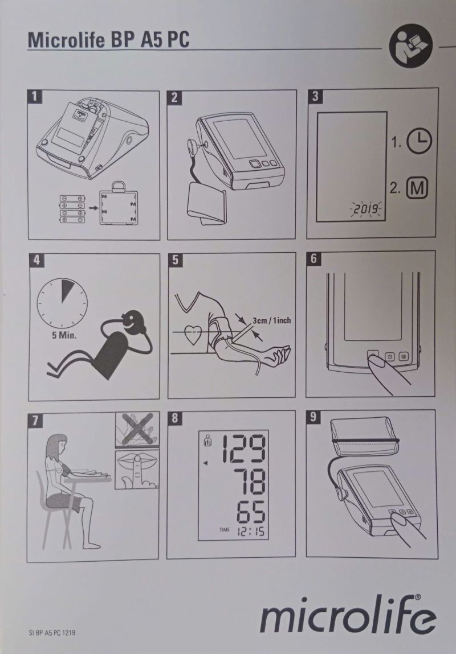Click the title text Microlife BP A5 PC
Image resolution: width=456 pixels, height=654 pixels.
point(108,40)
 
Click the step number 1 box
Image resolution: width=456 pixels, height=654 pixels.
point(35,96)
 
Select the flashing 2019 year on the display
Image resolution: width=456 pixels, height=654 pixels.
point(366,209)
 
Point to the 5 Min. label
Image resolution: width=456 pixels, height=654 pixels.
point(64,336)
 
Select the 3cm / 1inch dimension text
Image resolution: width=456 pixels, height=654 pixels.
point(271,320)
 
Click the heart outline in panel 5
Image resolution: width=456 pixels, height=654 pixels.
point(193,335)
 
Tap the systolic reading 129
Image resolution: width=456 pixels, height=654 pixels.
point(243,449)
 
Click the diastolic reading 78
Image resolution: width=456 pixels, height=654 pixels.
point(249,482)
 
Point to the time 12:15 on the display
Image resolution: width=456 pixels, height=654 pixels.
point(251,531)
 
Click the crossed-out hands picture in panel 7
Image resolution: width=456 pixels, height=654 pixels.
point(137,430)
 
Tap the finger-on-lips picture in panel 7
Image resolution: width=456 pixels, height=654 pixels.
point(137,469)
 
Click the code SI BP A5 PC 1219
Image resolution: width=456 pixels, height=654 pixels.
point(52,632)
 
